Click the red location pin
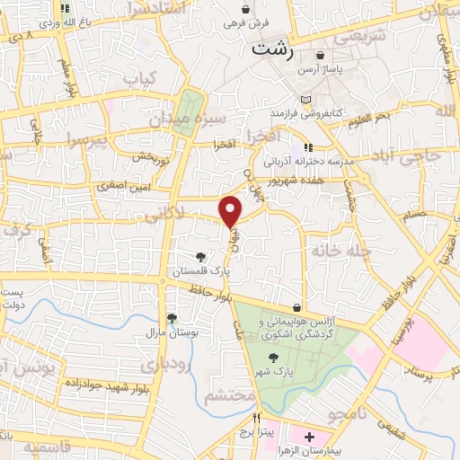(x=231, y=210)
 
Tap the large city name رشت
(x=272, y=49)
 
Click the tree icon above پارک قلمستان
(x=212, y=257)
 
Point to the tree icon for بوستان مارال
(x=171, y=318)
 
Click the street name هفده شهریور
(x=314, y=178)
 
